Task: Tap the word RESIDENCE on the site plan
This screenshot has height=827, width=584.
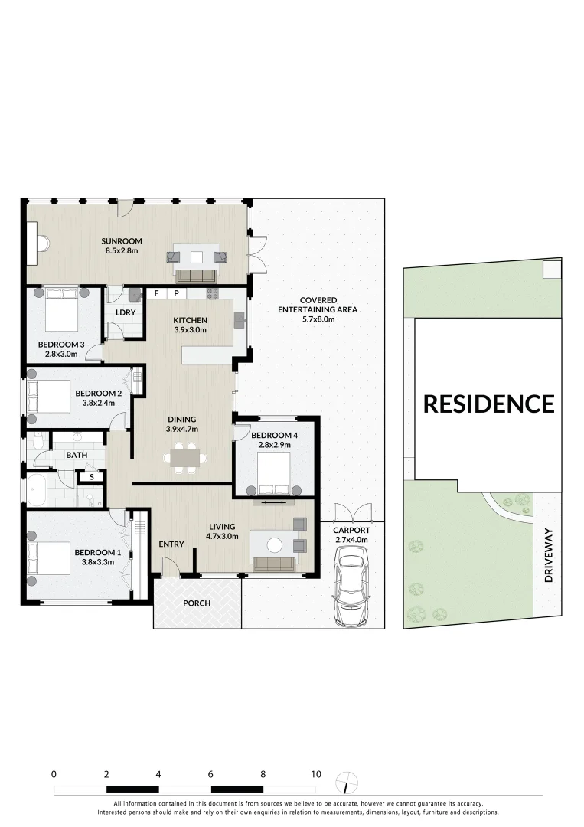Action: [488, 404]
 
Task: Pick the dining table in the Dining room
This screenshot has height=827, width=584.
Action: [184, 458]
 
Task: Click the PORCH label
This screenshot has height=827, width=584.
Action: [197, 603]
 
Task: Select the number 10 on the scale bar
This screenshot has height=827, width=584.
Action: [315, 774]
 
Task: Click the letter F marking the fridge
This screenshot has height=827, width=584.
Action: [157, 293]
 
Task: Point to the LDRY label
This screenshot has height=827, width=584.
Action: [126, 312]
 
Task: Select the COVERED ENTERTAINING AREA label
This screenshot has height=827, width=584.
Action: [318, 305]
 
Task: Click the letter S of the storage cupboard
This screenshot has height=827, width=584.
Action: [91, 477]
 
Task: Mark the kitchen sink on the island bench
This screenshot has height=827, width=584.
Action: [240, 321]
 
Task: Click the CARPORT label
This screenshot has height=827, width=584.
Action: [351, 530]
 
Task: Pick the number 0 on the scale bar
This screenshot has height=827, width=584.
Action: [54, 774]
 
